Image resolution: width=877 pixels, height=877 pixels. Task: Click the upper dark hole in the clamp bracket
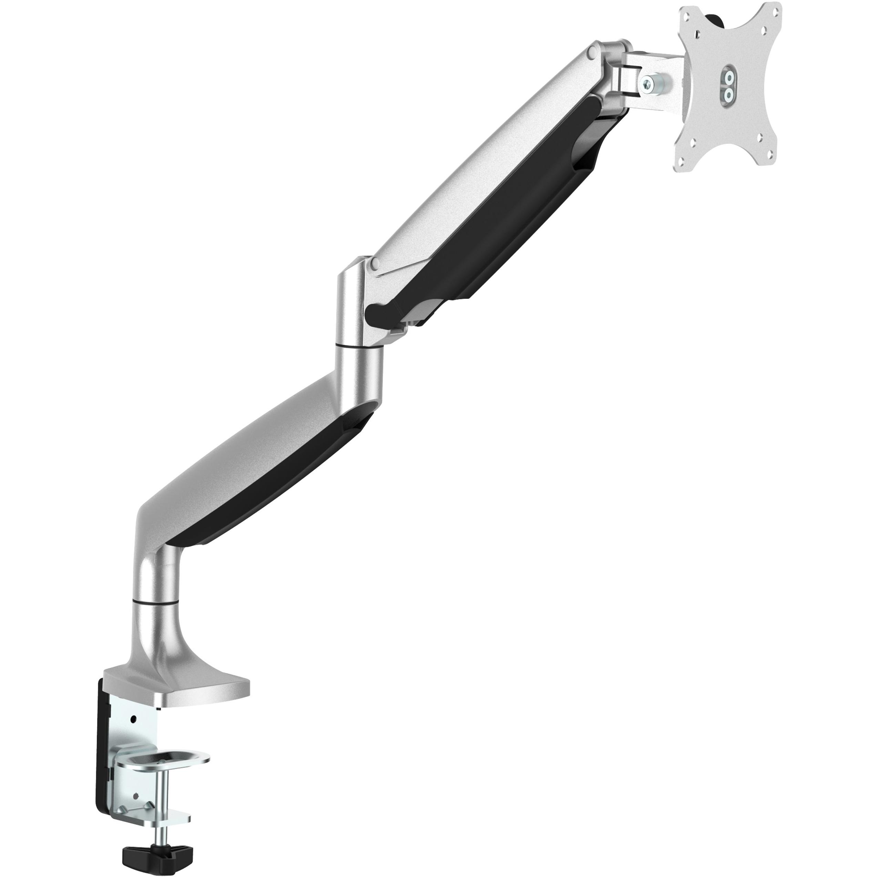133,720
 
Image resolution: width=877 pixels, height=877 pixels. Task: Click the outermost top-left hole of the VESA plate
690,14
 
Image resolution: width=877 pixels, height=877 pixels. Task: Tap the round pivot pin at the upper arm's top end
591,53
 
